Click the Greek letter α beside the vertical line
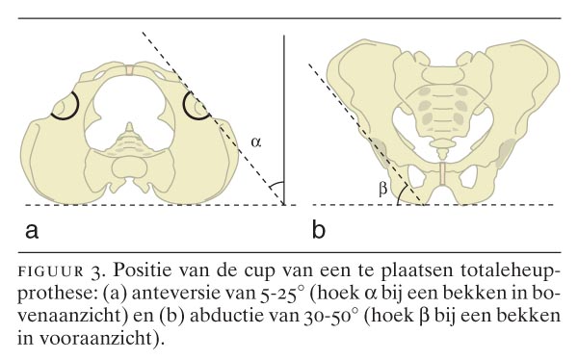click(255, 142)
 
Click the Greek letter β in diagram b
click(382, 190)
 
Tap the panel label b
click(320, 230)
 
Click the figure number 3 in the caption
click(96, 263)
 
